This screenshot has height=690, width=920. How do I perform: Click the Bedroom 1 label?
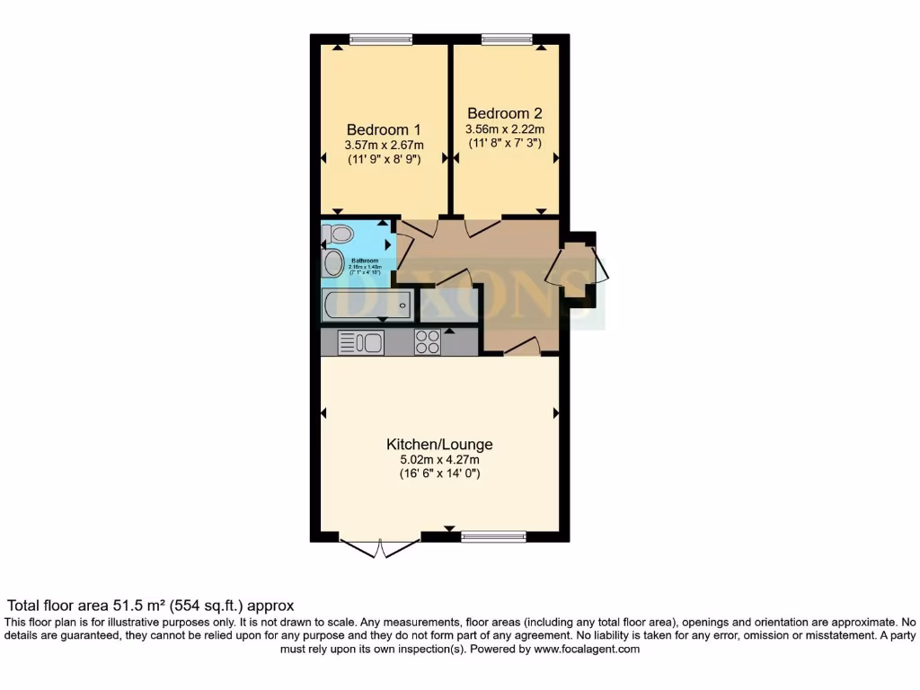click(x=384, y=128)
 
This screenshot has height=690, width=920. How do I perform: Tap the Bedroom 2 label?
click(x=504, y=113)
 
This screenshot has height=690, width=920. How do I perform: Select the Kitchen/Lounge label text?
click(x=439, y=444)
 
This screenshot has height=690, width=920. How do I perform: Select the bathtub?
click(x=367, y=305)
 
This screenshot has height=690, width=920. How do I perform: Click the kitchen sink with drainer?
click(x=360, y=342)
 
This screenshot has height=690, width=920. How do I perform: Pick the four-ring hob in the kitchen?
click(x=428, y=342)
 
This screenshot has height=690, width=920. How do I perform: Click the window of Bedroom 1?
click(x=381, y=39)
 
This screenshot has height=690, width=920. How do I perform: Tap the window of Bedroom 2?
click(x=506, y=39)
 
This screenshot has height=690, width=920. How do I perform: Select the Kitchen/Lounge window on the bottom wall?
click(x=493, y=537)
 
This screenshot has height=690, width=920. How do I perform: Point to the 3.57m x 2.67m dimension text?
click(x=384, y=145)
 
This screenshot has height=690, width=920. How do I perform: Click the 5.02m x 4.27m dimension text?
click(x=439, y=460)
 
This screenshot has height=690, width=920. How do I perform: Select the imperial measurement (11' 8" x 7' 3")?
click(x=504, y=144)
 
